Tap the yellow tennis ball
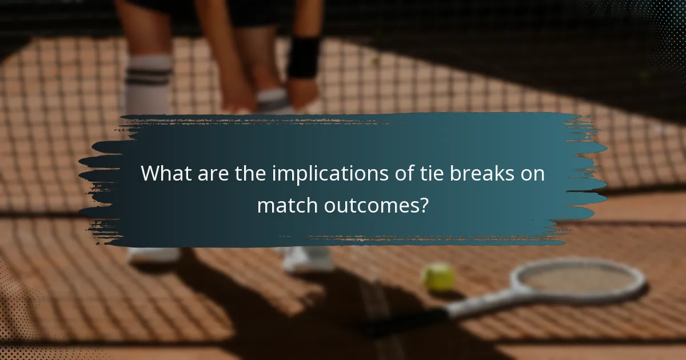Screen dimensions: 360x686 [438, 277]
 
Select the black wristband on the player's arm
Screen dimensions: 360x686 [303, 57]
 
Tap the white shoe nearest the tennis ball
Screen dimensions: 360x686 [308, 259]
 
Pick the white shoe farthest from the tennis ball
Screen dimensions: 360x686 [151, 255]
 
